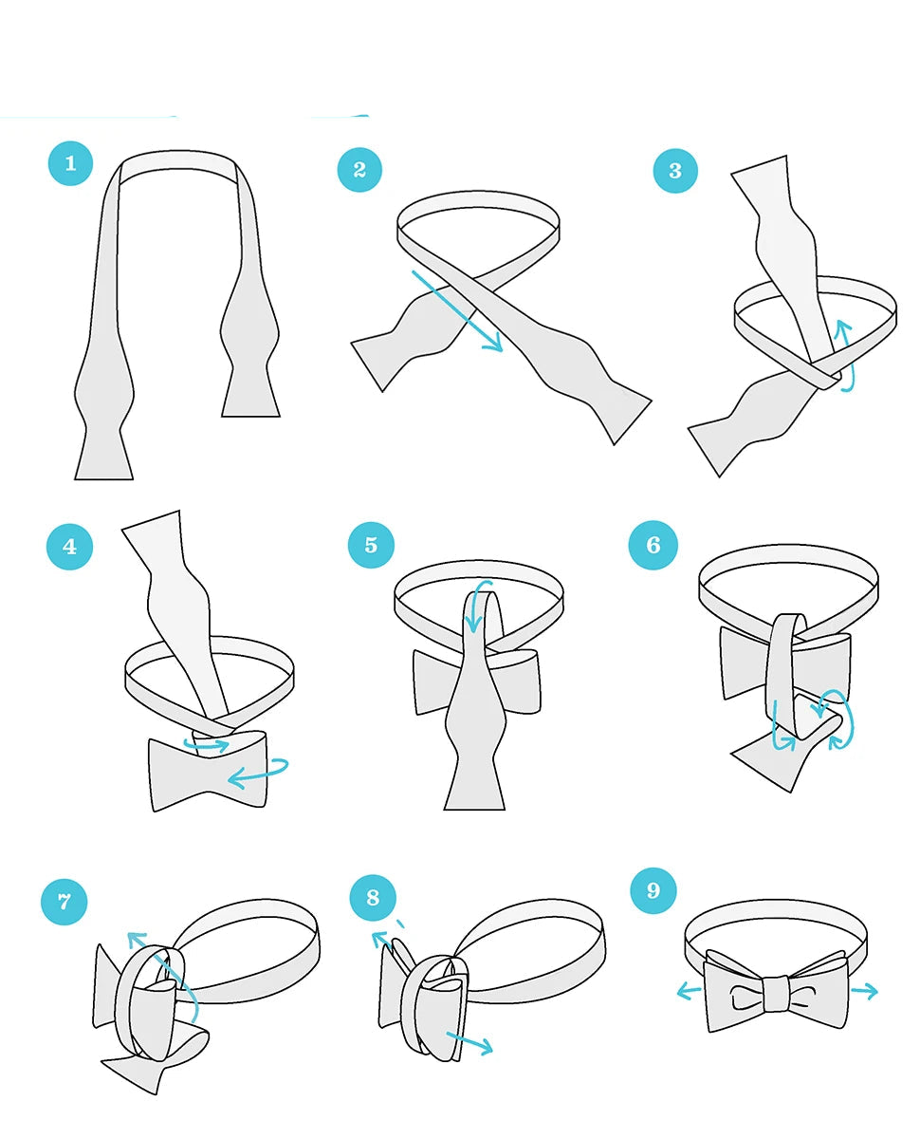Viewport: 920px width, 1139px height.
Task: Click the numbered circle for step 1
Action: point(70,163)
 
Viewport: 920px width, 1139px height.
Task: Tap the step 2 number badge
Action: point(359,170)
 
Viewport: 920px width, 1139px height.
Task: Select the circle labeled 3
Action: point(675,171)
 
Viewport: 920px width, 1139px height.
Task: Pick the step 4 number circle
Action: point(69,547)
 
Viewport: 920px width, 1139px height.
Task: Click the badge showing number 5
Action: point(371,546)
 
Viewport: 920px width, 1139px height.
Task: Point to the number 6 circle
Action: point(653,545)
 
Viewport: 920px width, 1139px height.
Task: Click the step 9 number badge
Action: point(653,890)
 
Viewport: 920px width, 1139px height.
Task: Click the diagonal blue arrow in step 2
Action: point(457,311)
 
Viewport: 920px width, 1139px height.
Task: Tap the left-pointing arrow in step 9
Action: point(689,993)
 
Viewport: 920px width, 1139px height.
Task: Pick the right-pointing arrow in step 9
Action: point(864,992)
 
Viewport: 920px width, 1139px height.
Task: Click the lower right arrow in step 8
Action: point(469,1043)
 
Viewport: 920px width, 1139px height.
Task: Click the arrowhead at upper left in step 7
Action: point(137,940)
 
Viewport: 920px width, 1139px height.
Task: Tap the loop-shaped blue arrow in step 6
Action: point(834,719)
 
